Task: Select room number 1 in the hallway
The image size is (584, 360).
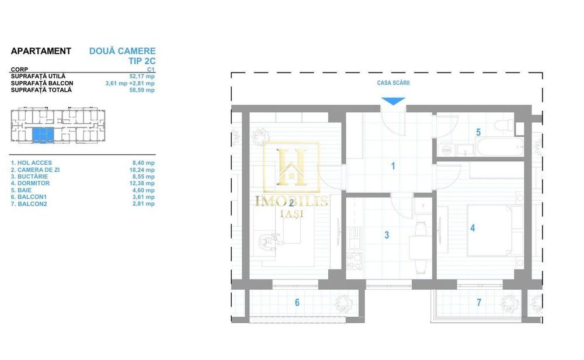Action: [x=393, y=167]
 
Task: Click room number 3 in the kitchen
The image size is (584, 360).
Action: [x=387, y=235]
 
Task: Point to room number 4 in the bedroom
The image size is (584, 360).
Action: [x=473, y=229]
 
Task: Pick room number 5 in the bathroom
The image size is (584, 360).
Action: [x=478, y=133]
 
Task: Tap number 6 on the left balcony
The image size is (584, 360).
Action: [x=297, y=302]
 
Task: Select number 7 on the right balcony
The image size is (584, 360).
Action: [x=479, y=302]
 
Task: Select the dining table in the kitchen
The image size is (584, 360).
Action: [x=417, y=246]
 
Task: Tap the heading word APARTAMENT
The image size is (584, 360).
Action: [x=41, y=51]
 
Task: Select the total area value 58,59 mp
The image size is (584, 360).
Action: [x=142, y=90]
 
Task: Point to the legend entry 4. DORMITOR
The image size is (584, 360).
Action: [x=32, y=184]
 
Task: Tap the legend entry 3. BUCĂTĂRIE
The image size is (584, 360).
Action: [x=32, y=176]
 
